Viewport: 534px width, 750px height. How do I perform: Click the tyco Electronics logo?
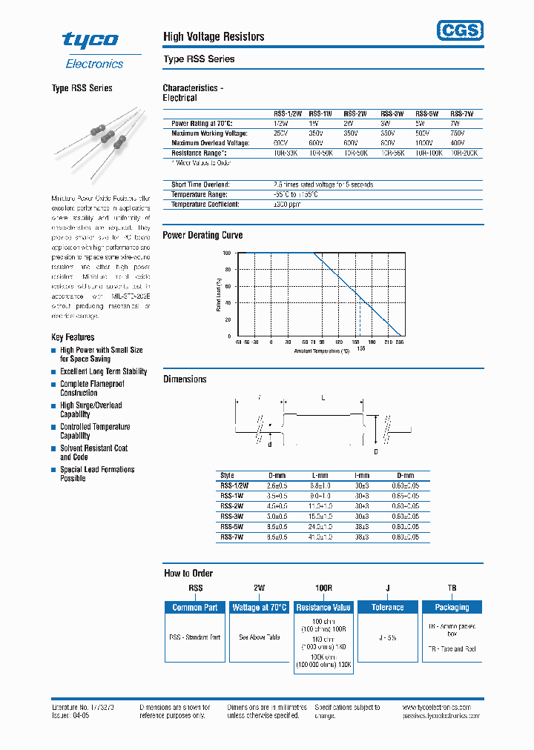[93, 50]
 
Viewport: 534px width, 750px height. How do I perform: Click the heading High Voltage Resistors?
[214, 36]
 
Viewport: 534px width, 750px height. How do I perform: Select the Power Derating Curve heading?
[202, 235]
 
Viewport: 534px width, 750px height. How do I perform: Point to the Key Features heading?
[73, 337]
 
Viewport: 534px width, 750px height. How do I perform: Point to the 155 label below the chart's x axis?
[360, 348]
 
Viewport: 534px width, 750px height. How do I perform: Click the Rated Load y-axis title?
[219, 294]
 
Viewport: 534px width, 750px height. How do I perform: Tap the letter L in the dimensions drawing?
[323, 398]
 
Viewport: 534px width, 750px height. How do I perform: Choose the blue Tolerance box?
[387, 607]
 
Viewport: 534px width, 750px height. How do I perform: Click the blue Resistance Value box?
[323, 607]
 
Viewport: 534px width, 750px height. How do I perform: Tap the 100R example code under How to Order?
[323, 588]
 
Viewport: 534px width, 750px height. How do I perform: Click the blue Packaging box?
[452, 607]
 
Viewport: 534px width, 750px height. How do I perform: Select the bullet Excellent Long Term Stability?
[103, 371]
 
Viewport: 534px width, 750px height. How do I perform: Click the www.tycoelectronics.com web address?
[441, 708]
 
